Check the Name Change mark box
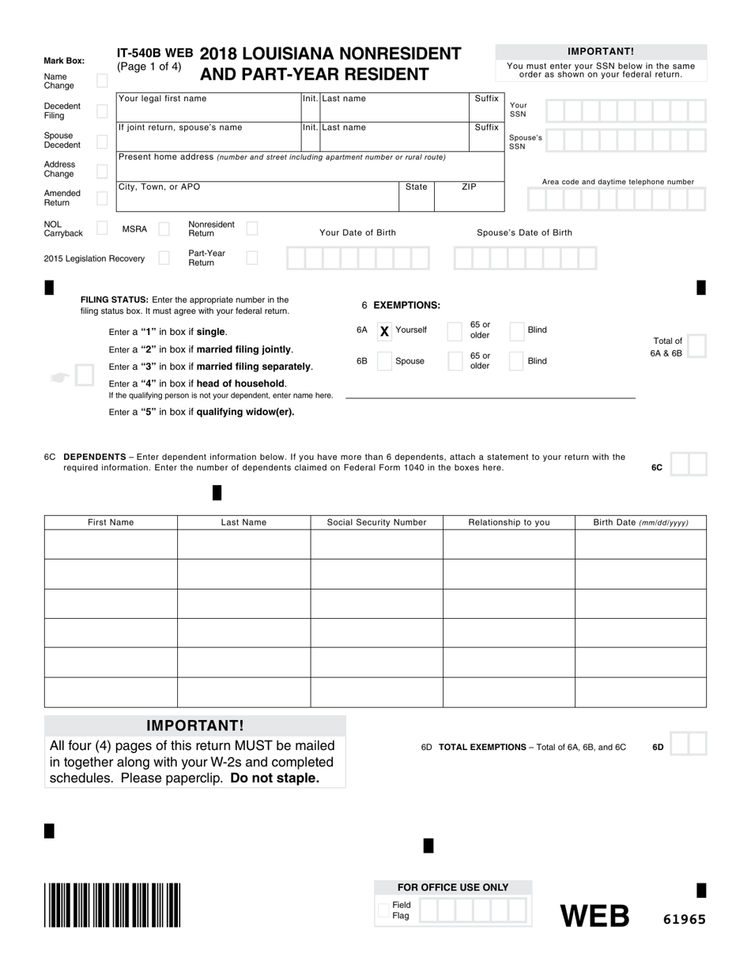click(102, 81)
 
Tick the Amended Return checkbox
click(102, 198)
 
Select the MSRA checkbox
click(164, 229)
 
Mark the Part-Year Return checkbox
click(252, 258)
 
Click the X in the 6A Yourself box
click(384, 331)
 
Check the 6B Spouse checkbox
click(384, 361)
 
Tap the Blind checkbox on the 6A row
click(516, 331)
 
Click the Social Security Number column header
click(376, 522)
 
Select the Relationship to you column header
click(509, 522)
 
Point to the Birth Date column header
click(640, 522)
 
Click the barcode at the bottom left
click(112, 904)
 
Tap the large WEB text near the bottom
click(595, 916)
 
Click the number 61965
click(684, 919)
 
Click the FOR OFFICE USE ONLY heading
click(453, 887)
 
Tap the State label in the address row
click(416, 187)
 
